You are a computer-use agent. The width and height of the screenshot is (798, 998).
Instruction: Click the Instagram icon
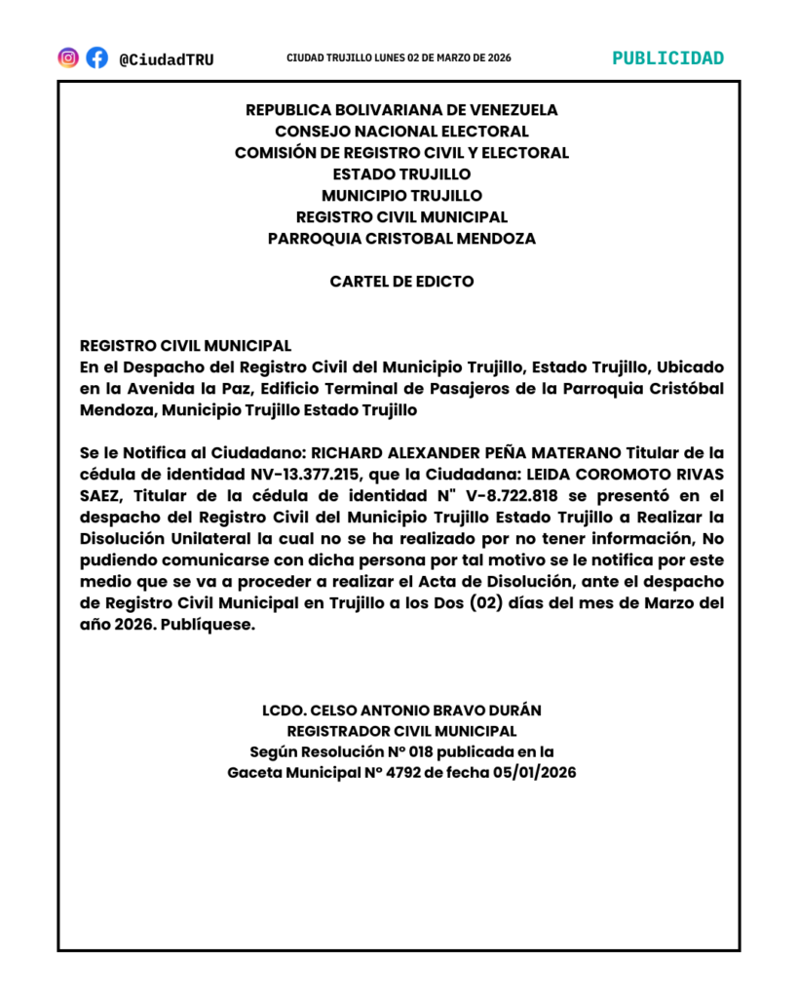click(x=68, y=58)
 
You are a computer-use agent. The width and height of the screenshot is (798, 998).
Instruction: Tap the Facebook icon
click(x=96, y=58)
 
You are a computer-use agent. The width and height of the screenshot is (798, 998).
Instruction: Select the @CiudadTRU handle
click(x=166, y=59)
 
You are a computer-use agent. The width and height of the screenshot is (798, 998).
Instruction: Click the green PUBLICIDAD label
click(x=668, y=58)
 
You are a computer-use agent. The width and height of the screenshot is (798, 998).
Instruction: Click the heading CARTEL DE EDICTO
click(x=401, y=282)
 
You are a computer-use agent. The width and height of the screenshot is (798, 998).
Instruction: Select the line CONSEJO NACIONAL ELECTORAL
click(x=401, y=131)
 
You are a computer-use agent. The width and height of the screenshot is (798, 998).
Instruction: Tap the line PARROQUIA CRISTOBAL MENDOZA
click(x=401, y=238)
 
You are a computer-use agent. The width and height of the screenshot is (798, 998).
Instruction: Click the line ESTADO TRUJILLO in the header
click(x=401, y=173)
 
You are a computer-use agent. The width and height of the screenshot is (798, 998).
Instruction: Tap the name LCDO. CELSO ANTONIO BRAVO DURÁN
click(x=401, y=710)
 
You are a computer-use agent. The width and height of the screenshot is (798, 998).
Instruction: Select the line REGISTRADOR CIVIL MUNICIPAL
click(x=401, y=731)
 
